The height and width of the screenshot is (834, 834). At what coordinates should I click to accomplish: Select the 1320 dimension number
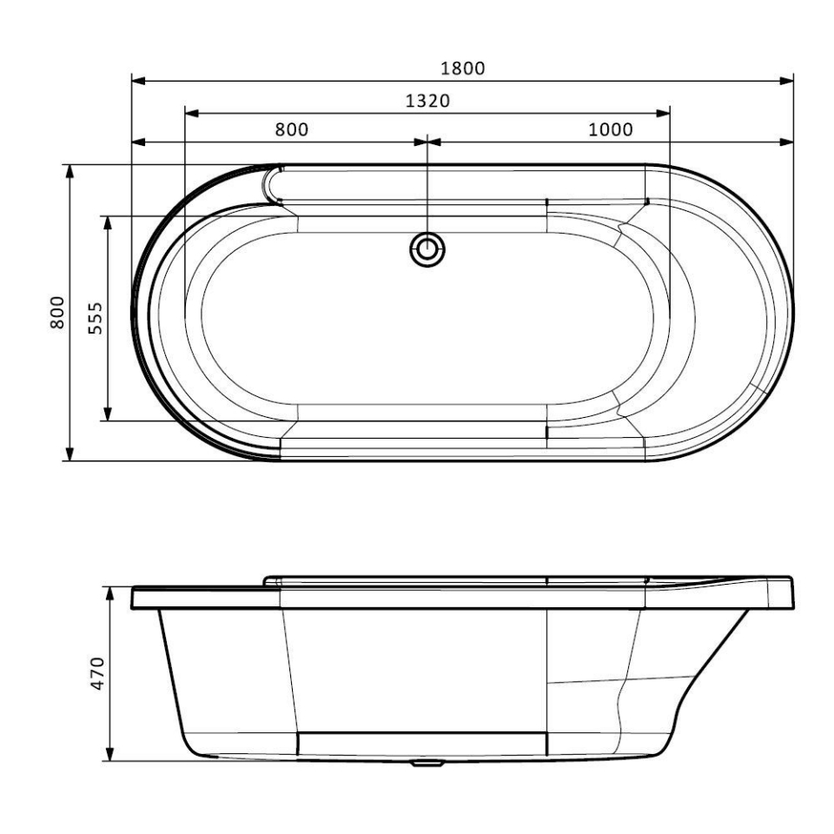[x=427, y=101]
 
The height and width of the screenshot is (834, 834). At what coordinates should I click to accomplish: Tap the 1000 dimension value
[x=610, y=130]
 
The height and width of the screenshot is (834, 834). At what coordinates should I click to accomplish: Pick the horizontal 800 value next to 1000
[x=292, y=130]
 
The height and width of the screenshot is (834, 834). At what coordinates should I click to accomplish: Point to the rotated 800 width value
[x=57, y=312]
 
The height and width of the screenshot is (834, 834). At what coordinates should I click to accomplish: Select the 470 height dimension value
[x=97, y=673]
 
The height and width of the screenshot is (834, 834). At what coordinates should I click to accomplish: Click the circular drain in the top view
[x=427, y=250]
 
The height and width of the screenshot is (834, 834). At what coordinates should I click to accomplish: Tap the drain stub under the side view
[x=427, y=765]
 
